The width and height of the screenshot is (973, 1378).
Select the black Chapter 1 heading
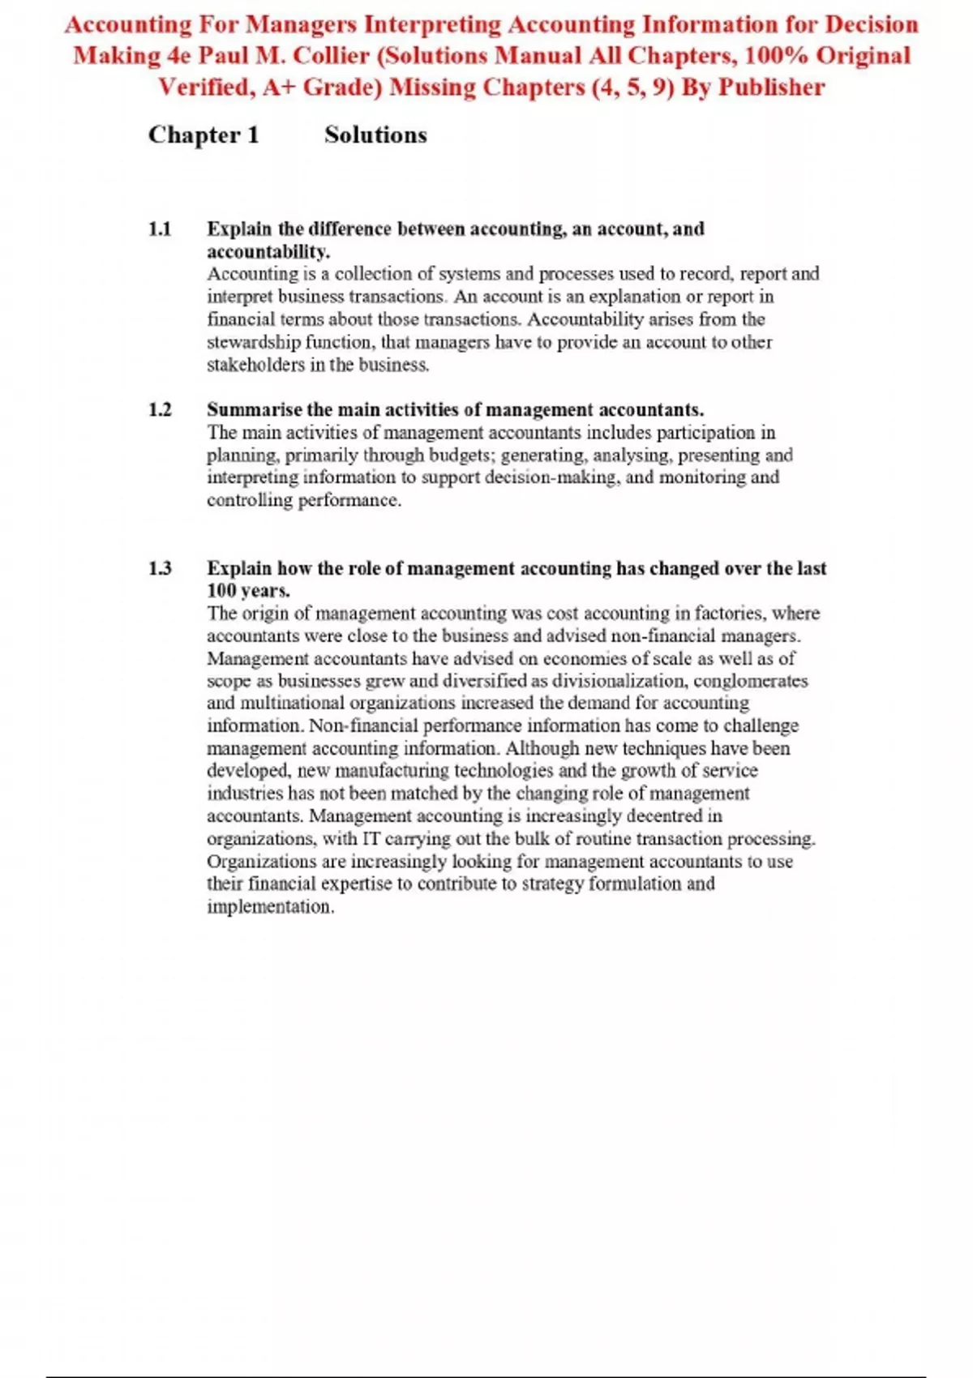coord(204,135)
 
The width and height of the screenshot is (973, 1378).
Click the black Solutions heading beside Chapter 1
coord(375,135)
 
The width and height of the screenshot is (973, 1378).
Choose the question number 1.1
coord(160,229)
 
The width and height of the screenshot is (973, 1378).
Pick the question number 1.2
coord(160,410)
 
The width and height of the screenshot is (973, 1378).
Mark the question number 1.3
coord(160,568)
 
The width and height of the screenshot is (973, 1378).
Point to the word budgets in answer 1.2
coord(461,456)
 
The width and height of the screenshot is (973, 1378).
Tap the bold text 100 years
coord(248,591)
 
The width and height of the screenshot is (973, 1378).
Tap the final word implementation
coord(270,907)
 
